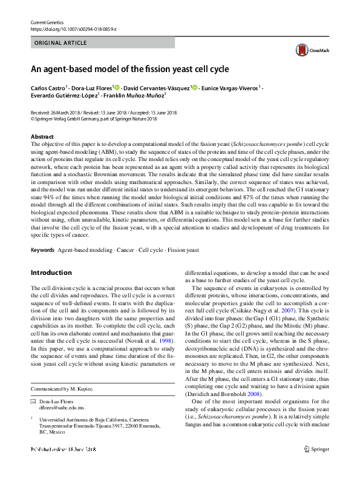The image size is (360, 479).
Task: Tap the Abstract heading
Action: [42, 137]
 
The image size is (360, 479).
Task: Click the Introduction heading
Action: [52, 273]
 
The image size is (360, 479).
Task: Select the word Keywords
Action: [42, 250]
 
